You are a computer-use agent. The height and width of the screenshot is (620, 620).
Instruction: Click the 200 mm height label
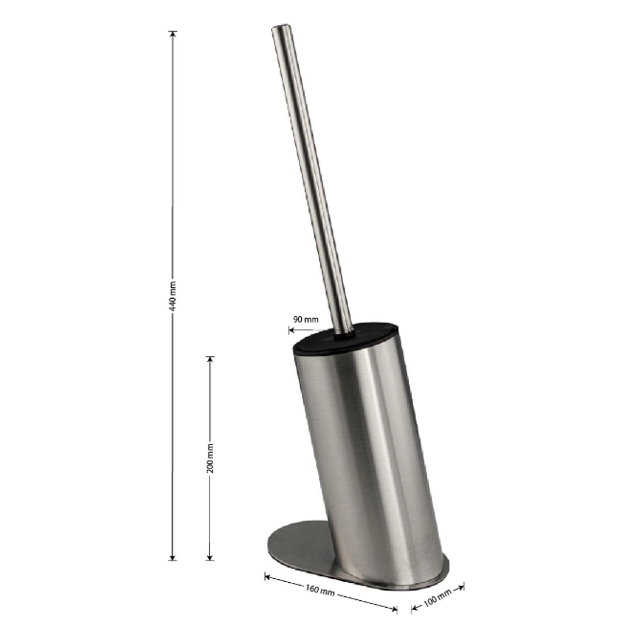tap(210, 458)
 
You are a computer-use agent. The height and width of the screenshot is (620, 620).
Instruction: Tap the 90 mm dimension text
tap(305, 319)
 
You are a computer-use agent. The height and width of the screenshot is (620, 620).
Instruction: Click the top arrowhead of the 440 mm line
tap(173, 34)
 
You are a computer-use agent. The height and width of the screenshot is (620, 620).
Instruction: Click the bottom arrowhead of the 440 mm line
tap(173, 557)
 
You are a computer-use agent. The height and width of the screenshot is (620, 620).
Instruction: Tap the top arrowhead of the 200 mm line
tap(210, 359)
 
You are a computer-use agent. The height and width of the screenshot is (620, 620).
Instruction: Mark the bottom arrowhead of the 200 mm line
tap(210, 557)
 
